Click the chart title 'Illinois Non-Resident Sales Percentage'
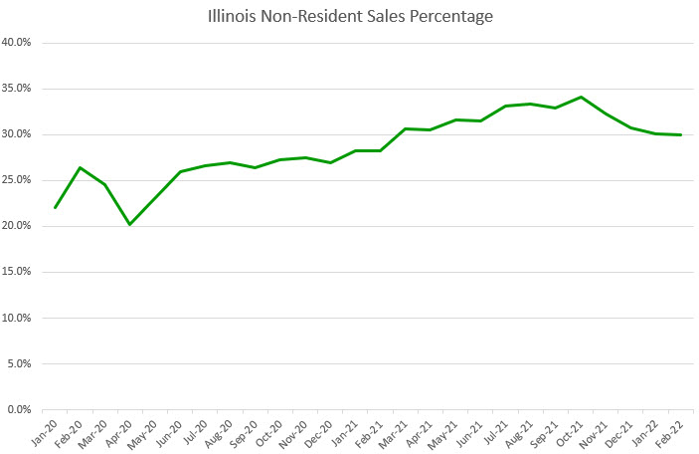click(x=349, y=17)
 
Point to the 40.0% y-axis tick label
click(x=19, y=43)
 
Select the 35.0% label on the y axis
click(x=19, y=89)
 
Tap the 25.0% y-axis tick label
click(x=19, y=180)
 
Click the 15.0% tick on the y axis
click(x=19, y=272)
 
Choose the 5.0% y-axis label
click(x=21, y=363)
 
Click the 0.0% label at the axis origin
click(x=21, y=409)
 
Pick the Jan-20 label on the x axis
click(x=47, y=431)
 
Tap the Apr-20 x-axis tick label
click(x=121, y=431)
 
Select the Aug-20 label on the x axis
click(x=221, y=431)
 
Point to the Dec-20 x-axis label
click(x=320, y=431)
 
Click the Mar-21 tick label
click(x=395, y=431)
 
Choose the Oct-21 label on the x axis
click(x=570, y=431)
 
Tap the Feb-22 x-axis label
click(x=669, y=431)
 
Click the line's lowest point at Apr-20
click(x=129, y=224)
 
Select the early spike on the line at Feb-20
click(x=80, y=167)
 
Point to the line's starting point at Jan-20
click(x=55, y=207)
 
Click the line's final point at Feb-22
click(x=680, y=134)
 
